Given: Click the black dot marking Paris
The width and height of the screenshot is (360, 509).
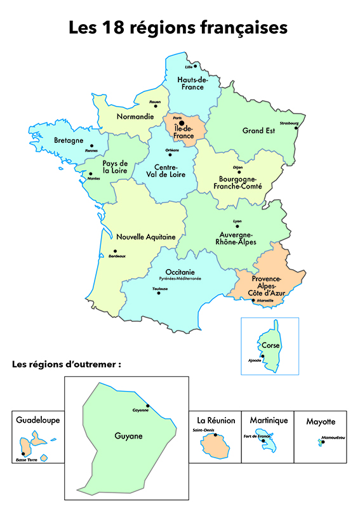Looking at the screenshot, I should pos(181,124).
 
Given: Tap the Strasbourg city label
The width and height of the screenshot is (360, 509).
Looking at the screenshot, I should pos(290,124).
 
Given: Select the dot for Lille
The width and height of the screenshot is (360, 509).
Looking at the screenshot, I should pos(196,65).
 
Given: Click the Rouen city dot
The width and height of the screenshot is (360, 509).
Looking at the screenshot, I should pos(154,106).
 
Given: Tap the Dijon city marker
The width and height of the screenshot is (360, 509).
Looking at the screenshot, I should pos(239,172).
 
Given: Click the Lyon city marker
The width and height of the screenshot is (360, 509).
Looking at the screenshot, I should pos(238,225).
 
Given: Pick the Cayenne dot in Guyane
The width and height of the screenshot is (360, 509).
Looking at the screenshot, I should pos(147,406).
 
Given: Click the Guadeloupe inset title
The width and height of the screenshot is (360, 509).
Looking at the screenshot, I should pos(37,420).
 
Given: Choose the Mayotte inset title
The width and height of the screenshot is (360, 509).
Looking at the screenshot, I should pos(321,421).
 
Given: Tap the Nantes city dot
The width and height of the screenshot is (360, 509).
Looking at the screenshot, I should pos(91,174).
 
